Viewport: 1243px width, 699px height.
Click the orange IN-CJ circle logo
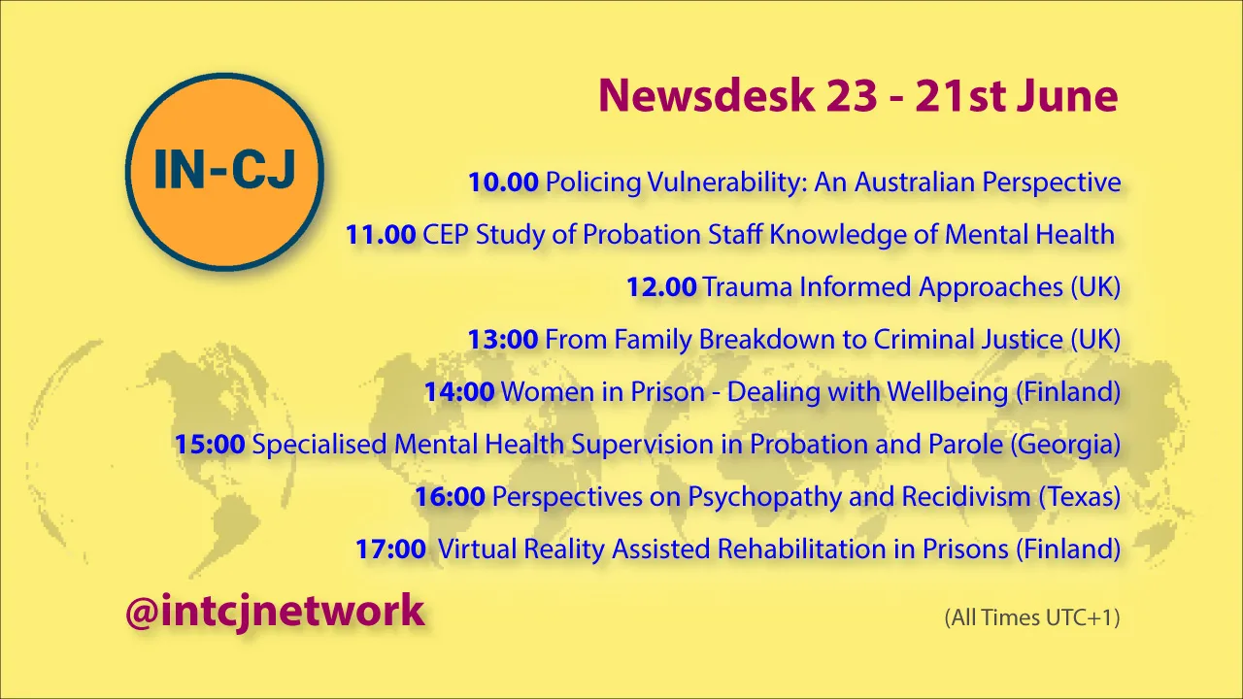tap(224, 172)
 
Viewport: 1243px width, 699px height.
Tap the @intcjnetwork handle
tap(275, 612)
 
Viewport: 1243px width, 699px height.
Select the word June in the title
tap(1067, 96)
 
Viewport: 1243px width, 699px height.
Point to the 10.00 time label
tap(503, 183)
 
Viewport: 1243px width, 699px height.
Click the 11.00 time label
tap(381, 235)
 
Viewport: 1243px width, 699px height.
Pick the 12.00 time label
tap(661, 287)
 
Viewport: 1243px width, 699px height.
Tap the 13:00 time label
tap(503, 340)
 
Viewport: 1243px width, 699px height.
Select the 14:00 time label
tap(459, 391)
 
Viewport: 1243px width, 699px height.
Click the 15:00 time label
tap(210, 445)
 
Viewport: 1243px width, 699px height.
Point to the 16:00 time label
tap(450, 496)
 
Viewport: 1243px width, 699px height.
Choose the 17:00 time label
tap(390, 549)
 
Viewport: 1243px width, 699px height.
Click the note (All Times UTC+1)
tap(1032, 618)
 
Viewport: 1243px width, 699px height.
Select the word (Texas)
tap(1080, 497)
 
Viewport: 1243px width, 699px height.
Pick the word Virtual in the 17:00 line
tap(477, 549)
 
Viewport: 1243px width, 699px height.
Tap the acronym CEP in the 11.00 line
tap(446, 235)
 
